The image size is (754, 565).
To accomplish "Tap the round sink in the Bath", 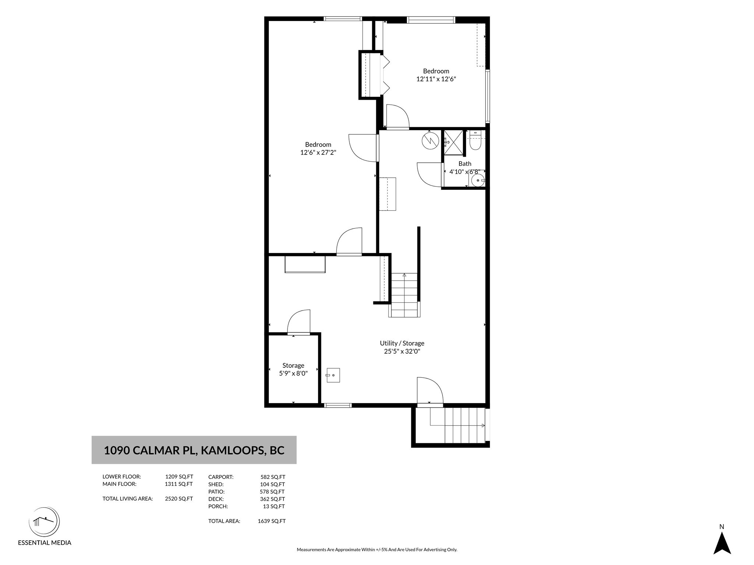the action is tap(478, 180).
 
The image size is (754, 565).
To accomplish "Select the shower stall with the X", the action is tap(453, 143).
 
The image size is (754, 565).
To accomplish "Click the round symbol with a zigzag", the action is tap(430, 140).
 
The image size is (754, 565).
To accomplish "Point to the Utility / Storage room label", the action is tap(402, 343).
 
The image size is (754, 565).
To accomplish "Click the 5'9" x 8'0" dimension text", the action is tap(293, 373).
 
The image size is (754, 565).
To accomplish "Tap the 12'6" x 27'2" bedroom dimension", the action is tap(318, 152).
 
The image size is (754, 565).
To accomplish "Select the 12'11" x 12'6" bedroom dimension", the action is tap(436, 79).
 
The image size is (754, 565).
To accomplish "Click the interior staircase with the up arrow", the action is tap(404, 295).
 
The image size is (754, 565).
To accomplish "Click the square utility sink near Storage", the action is tap(333, 375).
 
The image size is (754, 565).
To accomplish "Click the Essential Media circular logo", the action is tap(44, 522).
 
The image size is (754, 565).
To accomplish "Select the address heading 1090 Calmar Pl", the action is tap(194, 450).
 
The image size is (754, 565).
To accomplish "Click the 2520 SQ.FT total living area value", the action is tap(179, 499).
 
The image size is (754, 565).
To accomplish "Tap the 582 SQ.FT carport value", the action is tap(273, 477).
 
